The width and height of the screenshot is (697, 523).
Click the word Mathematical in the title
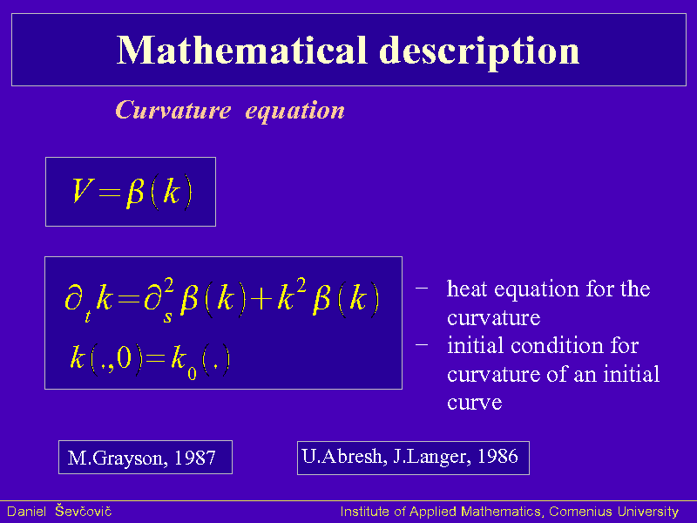pyautogui.click(x=242, y=50)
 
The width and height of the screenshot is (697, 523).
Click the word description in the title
pyautogui.click(x=479, y=53)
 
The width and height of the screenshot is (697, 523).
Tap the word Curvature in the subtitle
pyautogui.click(x=173, y=110)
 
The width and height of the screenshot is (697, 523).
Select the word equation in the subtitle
pyautogui.click(x=295, y=112)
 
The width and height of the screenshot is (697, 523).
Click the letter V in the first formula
pyautogui.click(x=83, y=190)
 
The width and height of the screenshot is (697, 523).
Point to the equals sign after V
pyautogui.click(x=110, y=193)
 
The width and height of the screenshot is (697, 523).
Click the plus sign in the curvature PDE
pyautogui.click(x=261, y=299)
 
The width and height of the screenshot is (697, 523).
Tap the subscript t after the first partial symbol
pyautogui.click(x=88, y=316)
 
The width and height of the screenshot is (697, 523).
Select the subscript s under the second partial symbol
pyautogui.click(x=167, y=316)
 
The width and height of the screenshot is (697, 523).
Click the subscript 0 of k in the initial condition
pyautogui.click(x=192, y=373)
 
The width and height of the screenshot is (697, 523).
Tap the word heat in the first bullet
pyautogui.click(x=467, y=289)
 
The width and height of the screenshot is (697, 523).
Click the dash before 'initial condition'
pyautogui.click(x=422, y=344)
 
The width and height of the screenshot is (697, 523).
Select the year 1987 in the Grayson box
pyautogui.click(x=194, y=458)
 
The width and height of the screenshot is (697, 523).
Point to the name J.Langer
pyautogui.click(x=431, y=457)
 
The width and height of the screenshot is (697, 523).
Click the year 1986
pyautogui.click(x=497, y=456)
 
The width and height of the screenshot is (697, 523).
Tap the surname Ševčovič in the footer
pyautogui.click(x=83, y=512)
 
